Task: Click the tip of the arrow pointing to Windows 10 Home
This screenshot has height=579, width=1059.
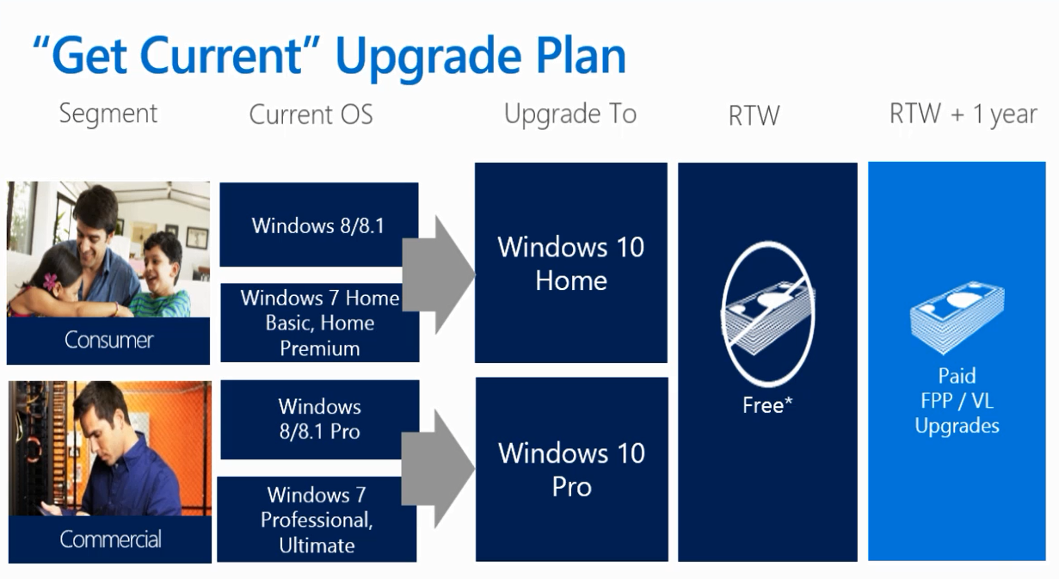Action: [x=475, y=274]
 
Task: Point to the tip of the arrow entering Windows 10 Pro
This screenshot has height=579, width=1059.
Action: [x=475, y=468]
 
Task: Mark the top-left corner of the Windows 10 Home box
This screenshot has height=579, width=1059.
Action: [x=475, y=163]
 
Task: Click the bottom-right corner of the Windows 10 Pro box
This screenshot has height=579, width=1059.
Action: [x=668, y=561]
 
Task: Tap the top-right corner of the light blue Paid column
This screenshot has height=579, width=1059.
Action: [x=1046, y=162]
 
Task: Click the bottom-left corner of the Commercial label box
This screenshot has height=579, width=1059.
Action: [x=9, y=563]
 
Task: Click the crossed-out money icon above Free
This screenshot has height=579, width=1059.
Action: [x=767, y=313]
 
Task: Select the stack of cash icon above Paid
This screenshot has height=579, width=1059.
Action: [x=957, y=317]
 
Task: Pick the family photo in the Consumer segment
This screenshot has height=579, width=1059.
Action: [x=108, y=249]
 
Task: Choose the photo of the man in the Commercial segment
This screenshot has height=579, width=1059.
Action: [x=110, y=448]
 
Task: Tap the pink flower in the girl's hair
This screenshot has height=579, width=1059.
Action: [x=50, y=281]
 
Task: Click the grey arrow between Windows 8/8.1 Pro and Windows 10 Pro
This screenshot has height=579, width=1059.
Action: [x=438, y=468]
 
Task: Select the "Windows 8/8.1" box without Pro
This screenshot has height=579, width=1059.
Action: [x=319, y=225]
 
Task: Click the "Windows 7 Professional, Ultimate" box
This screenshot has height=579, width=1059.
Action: [x=317, y=520]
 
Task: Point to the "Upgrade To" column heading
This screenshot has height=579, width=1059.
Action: [x=570, y=114]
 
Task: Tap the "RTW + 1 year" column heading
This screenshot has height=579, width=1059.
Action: [x=963, y=114]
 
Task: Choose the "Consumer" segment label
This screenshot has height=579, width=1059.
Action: [x=108, y=340]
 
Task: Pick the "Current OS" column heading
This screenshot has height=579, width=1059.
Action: [x=311, y=115]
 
